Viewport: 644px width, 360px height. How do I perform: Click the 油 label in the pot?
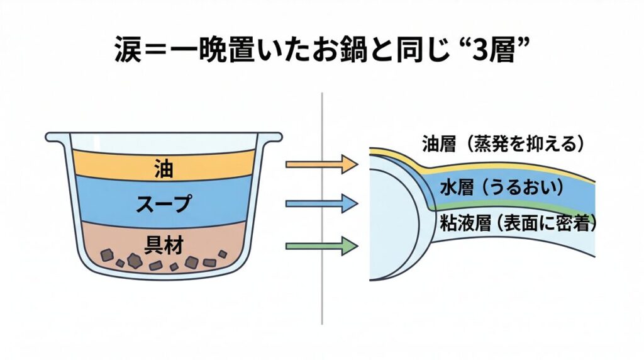point(165,167)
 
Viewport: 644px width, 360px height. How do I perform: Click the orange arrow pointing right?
point(321,165)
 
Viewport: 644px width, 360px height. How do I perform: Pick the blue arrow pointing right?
point(321,203)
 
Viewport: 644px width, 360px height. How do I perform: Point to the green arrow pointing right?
point(321,245)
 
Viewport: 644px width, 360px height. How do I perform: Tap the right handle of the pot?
point(272,136)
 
